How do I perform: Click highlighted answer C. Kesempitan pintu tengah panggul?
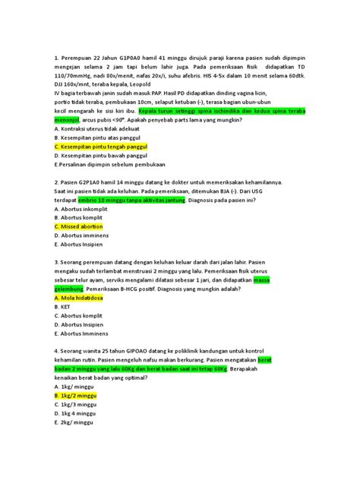coord(100,146)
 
